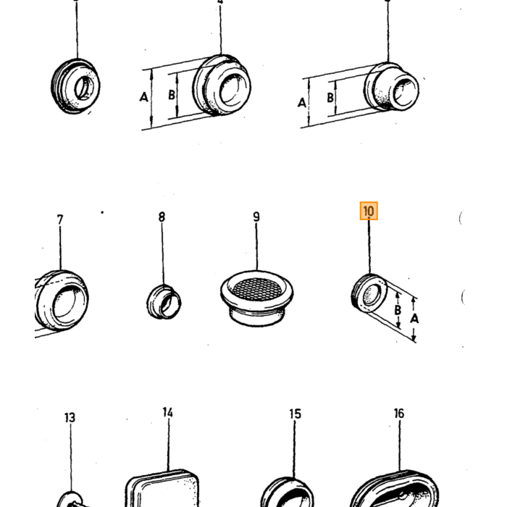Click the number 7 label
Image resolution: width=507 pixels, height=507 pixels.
click(x=60, y=220)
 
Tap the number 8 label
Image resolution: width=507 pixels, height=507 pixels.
click(x=162, y=217)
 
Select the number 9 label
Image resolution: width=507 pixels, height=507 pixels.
click(x=256, y=217)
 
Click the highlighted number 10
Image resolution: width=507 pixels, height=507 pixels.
click(x=369, y=211)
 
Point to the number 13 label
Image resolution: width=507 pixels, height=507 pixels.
click(x=70, y=417)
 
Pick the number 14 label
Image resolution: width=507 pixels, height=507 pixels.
click(x=168, y=413)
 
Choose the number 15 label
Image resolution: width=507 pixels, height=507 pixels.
click(x=296, y=414)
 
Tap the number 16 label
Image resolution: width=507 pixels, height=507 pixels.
click(x=399, y=414)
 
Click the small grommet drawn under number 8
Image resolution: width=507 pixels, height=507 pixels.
click(x=164, y=302)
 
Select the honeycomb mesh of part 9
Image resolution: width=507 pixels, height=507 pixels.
click(x=257, y=288)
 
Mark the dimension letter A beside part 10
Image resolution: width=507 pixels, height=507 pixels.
click(x=414, y=319)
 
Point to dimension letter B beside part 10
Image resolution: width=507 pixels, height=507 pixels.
click(x=398, y=310)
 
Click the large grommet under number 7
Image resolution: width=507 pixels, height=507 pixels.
click(x=62, y=301)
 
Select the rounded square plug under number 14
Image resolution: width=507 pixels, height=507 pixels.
click(x=162, y=488)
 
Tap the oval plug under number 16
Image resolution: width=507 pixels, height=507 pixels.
click(x=395, y=490)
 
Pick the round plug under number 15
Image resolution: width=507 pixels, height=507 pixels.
click(x=287, y=492)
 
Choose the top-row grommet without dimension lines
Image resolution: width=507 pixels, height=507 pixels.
click(x=75, y=86)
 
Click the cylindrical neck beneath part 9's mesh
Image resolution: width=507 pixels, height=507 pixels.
click(x=257, y=316)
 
